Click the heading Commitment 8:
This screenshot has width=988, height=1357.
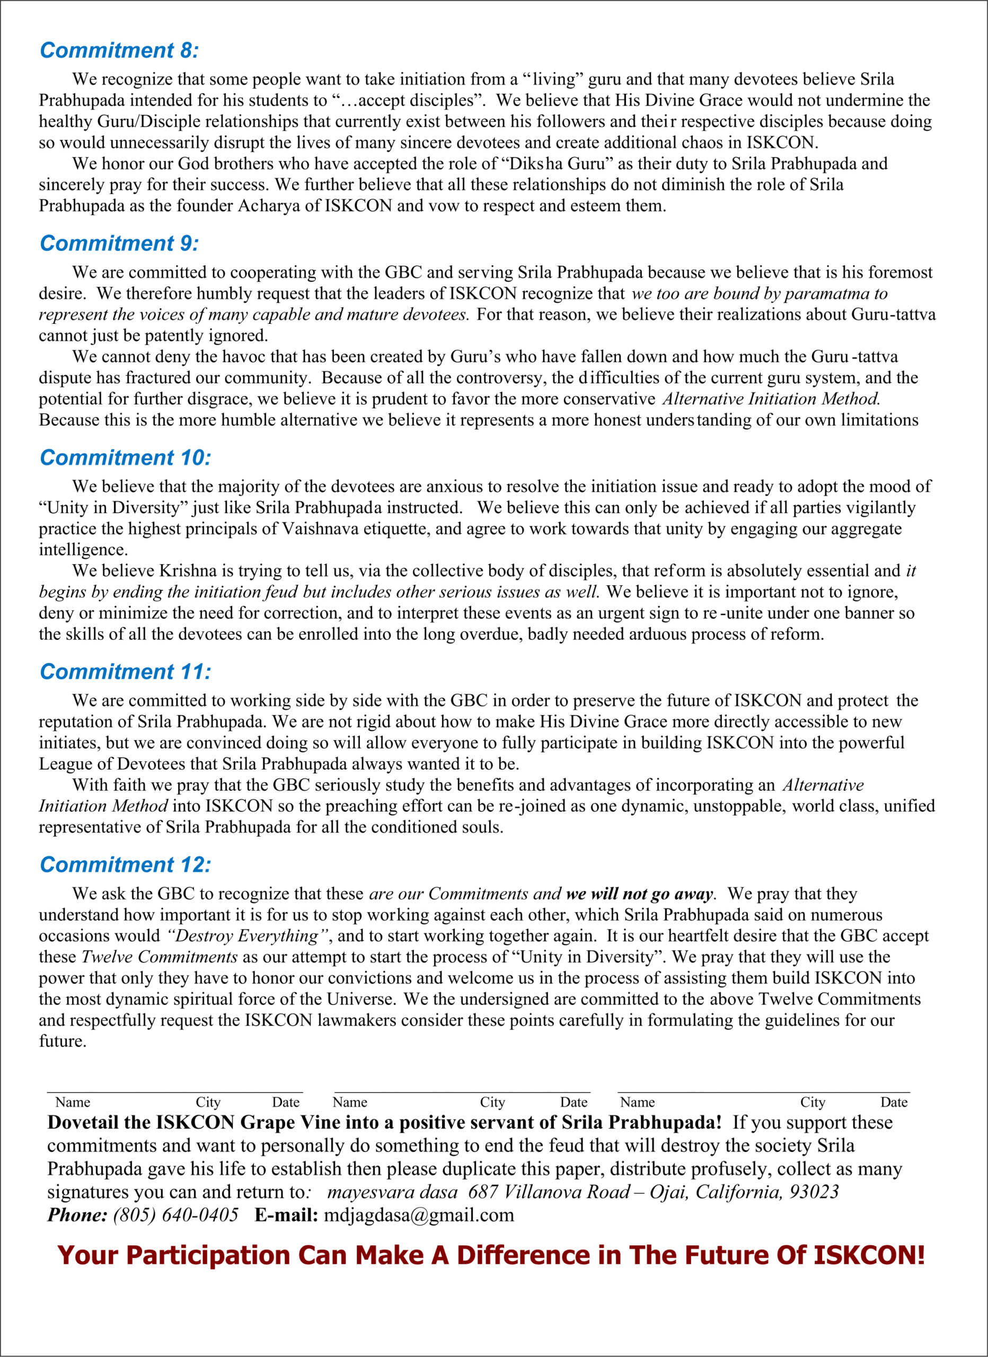[119, 50]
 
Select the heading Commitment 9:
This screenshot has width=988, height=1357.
[119, 243]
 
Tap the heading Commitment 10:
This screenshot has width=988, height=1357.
[126, 457]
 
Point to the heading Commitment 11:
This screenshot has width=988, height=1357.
[126, 672]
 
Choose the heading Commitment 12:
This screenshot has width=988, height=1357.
[126, 865]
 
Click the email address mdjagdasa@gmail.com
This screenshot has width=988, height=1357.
[419, 1215]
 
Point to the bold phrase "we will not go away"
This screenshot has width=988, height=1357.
[639, 894]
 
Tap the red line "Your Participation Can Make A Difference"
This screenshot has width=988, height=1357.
[491, 1255]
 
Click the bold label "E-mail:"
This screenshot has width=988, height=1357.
[286, 1215]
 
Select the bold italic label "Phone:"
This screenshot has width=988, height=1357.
[77, 1215]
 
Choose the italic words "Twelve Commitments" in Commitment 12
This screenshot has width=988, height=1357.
[159, 957]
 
